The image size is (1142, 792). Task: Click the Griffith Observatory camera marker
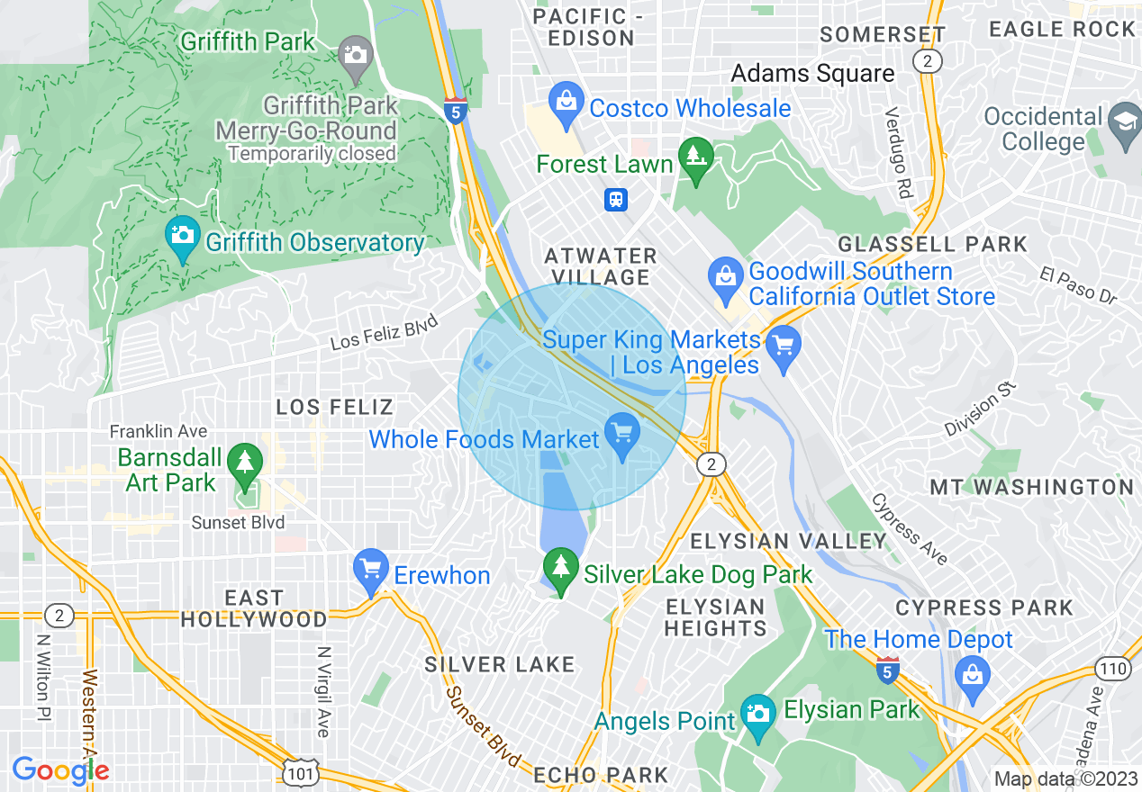point(182,236)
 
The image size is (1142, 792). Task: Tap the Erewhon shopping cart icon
point(371,569)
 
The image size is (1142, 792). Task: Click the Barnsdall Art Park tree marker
point(244,461)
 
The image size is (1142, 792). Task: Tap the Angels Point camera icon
point(758,714)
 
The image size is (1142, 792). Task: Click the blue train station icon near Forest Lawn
point(616,199)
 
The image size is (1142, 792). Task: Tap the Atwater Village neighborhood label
point(601,266)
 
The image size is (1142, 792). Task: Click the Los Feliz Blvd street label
point(384,331)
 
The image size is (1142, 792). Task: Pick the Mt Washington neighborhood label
point(1031,487)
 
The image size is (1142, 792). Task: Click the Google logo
point(60,770)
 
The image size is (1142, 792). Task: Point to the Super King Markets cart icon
point(783,346)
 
